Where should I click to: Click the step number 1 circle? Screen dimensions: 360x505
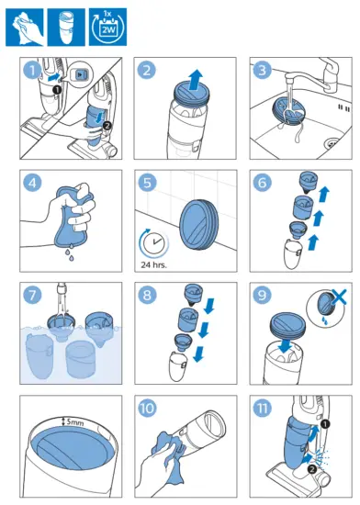point(32,71)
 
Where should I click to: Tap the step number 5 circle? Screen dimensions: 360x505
point(147,183)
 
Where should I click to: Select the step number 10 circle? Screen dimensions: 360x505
point(147,409)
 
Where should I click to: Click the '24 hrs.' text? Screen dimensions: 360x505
point(153,265)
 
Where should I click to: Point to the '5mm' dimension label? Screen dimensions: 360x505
point(75,421)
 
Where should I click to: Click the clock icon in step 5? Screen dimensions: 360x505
point(153,243)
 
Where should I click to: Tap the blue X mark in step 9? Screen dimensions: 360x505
point(339,297)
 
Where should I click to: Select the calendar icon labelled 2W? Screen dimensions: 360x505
point(107,27)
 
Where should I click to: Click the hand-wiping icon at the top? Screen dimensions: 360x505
point(25,27)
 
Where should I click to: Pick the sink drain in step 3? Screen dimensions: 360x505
point(332,141)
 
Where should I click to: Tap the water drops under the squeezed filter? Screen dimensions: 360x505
point(70,253)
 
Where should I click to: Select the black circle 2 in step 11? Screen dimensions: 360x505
point(312,469)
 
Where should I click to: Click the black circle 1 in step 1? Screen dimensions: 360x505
point(57,90)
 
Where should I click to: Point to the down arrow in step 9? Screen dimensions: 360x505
point(285,345)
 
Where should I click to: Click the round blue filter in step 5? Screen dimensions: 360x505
point(198,224)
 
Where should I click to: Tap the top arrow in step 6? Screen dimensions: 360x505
point(324,195)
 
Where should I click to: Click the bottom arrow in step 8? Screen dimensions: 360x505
point(199,354)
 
